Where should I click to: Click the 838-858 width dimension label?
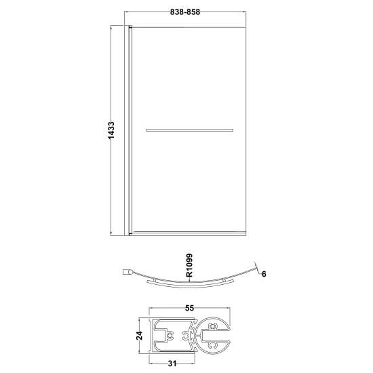[185, 12]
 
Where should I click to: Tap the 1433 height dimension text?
[111, 130]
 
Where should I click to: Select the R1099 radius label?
[189, 265]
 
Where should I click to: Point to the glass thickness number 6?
[264, 274]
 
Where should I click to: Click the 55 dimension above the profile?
[190, 309]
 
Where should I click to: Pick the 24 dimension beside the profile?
[140, 336]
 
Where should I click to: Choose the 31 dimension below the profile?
[172, 364]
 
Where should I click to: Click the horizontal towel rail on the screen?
[189, 130]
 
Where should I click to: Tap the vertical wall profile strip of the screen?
[127, 130]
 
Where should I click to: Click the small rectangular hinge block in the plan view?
[125, 272]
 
